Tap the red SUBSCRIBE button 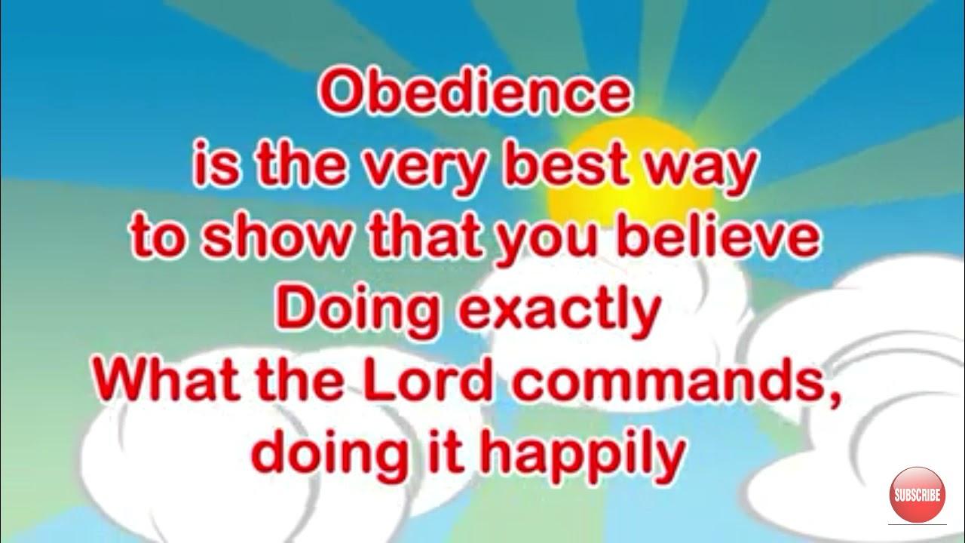coord(917,495)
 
